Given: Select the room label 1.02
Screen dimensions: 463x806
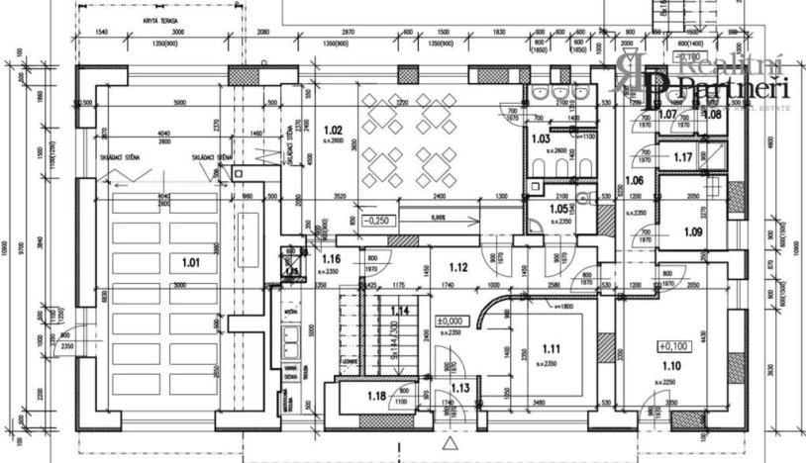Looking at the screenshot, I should [334, 130].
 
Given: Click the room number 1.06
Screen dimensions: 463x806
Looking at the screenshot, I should [634, 180].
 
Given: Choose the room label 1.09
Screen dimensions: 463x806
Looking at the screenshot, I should [692, 232].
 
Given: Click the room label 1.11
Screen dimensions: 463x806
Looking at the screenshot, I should [552, 348].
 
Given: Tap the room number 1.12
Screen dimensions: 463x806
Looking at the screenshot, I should [456, 266].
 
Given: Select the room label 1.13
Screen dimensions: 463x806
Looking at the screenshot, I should [459, 388].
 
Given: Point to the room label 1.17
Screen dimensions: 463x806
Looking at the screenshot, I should [681, 157].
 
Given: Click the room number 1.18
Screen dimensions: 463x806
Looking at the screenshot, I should [374, 396].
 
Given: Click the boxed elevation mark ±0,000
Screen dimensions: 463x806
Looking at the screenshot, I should [451, 321].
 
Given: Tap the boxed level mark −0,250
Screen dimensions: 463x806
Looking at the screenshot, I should [378, 221].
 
